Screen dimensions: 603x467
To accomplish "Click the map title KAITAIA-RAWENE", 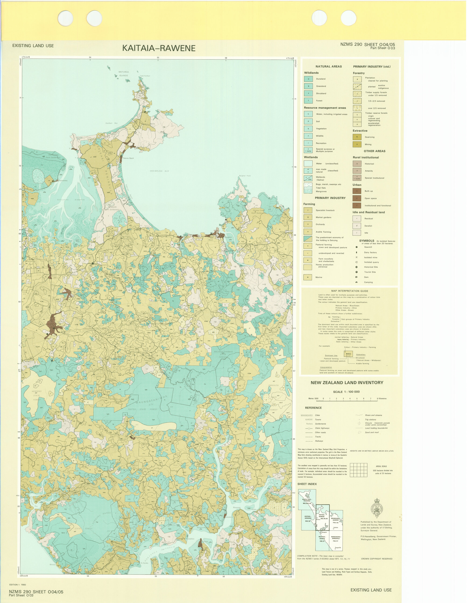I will [159, 48].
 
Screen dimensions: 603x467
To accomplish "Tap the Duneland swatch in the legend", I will [308, 79].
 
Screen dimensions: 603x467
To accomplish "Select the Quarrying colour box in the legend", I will [357, 137].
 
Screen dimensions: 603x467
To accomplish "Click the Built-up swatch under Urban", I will [357, 191].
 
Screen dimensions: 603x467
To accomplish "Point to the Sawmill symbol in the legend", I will [357, 247].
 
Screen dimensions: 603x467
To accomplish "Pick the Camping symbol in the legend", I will [357, 282].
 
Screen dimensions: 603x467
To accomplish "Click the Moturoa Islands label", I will [124, 74].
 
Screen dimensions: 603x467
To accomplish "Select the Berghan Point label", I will [245, 176].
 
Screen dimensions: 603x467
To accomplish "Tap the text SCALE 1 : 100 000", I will [346, 392].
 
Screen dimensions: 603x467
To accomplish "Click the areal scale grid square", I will [358, 470].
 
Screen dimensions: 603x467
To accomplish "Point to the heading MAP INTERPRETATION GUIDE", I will [350, 291].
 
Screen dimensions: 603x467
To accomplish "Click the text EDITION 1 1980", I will [18, 585].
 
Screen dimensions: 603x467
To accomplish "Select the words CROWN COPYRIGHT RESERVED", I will [376, 559].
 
